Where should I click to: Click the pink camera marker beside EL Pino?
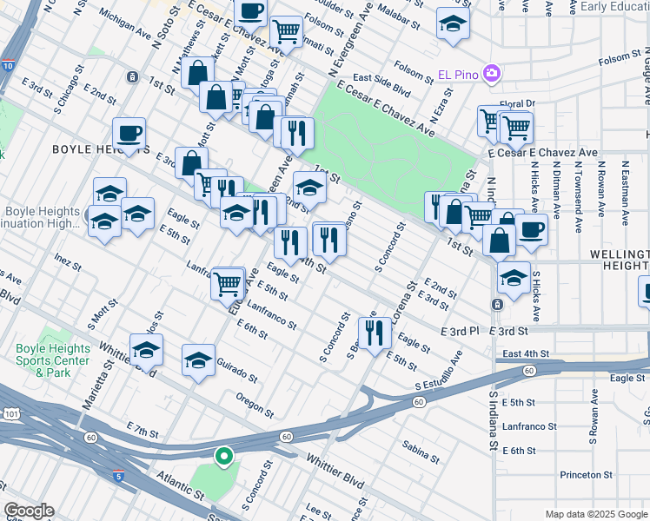pyautogui.click(x=493, y=72)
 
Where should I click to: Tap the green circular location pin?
pyautogui.click(x=223, y=454)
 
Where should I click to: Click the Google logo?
pyautogui.click(x=29, y=511)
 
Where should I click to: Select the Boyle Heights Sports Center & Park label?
pyautogui.click(x=53, y=360)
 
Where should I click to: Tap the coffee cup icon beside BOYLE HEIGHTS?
pyautogui.click(x=129, y=135)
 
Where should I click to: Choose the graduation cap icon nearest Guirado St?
pyautogui.click(x=198, y=361)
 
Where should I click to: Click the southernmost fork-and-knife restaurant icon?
pyautogui.click(x=375, y=333)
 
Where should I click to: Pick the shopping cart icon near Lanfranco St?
pyautogui.click(x=228, y=282)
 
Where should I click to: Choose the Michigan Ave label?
pyautogui.click(x=125, y=23)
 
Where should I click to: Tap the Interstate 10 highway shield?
pyautogui.click(x=8, y=66)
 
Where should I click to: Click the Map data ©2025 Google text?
pyautogui.click(x=595, y=514)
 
